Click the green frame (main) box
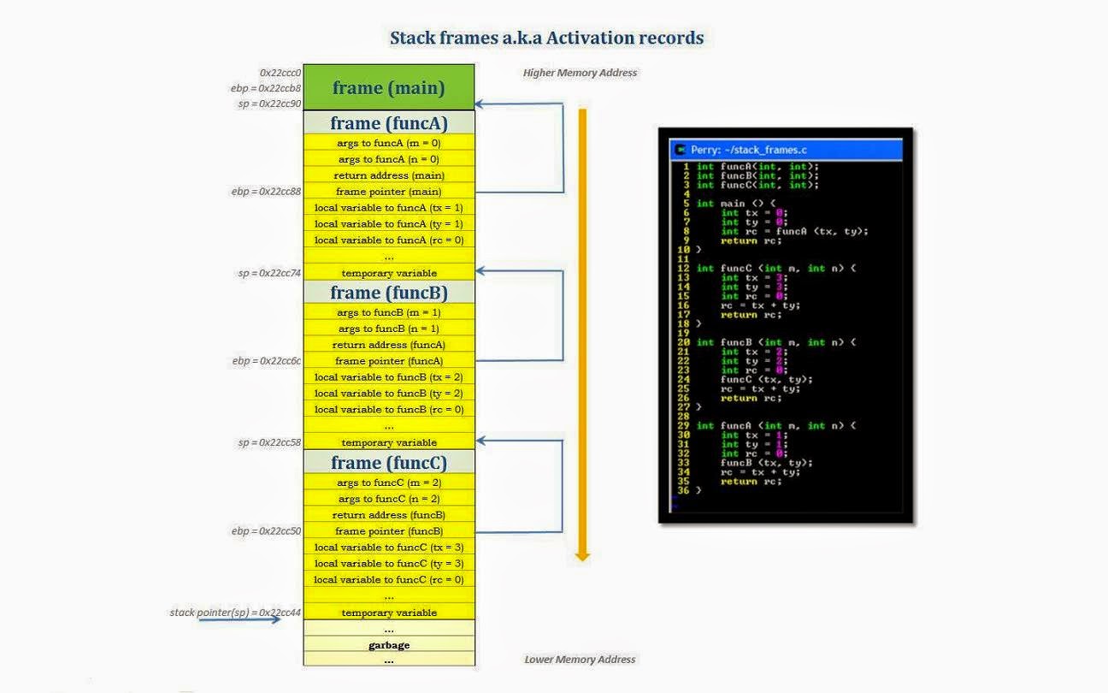click(x=388, y=87)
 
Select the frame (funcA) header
click(x=388, y=123)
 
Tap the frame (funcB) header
click(x=388, y=293)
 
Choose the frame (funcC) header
click(x=388, y=463)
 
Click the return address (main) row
click(x=388, y=175)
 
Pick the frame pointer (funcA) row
click(x=388, y=361)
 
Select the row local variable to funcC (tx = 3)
click(x=388, y=548)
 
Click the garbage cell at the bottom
click(x=388, y=645)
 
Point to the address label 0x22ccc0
click(x=280, y=74)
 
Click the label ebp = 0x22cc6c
click(x=266, y=361)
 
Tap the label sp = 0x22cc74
click(x=269, y=273)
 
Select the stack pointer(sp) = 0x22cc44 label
click(x=235, y=613)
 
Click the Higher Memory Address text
click(x=580, y=74)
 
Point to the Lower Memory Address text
click(x=580, y=660)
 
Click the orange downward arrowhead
click(x=582, y=556)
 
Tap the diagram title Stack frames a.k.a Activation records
click(x=546, y=38)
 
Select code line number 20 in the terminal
click(x=683, y=342)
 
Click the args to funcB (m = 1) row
click(x=388, y=312)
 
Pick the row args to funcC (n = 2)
click(x=388, y=499)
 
